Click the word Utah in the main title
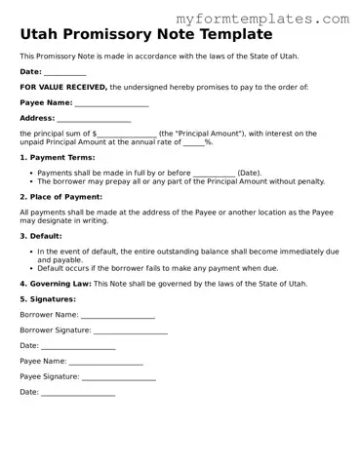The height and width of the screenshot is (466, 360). pyautogui.click(x=42, y=34)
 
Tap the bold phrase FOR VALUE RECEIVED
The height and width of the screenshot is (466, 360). pyautogui.click(x=63, y=88)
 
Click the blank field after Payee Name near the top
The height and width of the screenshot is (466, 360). pyautogui.click(x=111, y=103)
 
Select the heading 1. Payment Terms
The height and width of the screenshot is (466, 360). pyautogui.click(x=58, y=157)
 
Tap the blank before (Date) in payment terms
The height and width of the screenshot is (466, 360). pyautogui.click(x=214, y=174)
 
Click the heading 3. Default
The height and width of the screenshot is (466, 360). pyautogui.click(x=43, y=236)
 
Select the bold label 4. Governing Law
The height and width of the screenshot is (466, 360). pyautogui.click(x=56, y=284)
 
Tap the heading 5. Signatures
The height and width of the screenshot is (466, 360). pyautogui.click(x=50, y=299)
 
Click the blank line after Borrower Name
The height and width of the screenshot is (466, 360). pyautogui.click(x=117, y=315)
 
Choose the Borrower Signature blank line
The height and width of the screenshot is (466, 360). pyautogui.click(x=131, y=330)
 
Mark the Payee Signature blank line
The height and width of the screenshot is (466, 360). pyautogui.click(x=119, y=376)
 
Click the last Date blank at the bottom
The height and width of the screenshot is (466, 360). pyautogui.click(x=78, y=393)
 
